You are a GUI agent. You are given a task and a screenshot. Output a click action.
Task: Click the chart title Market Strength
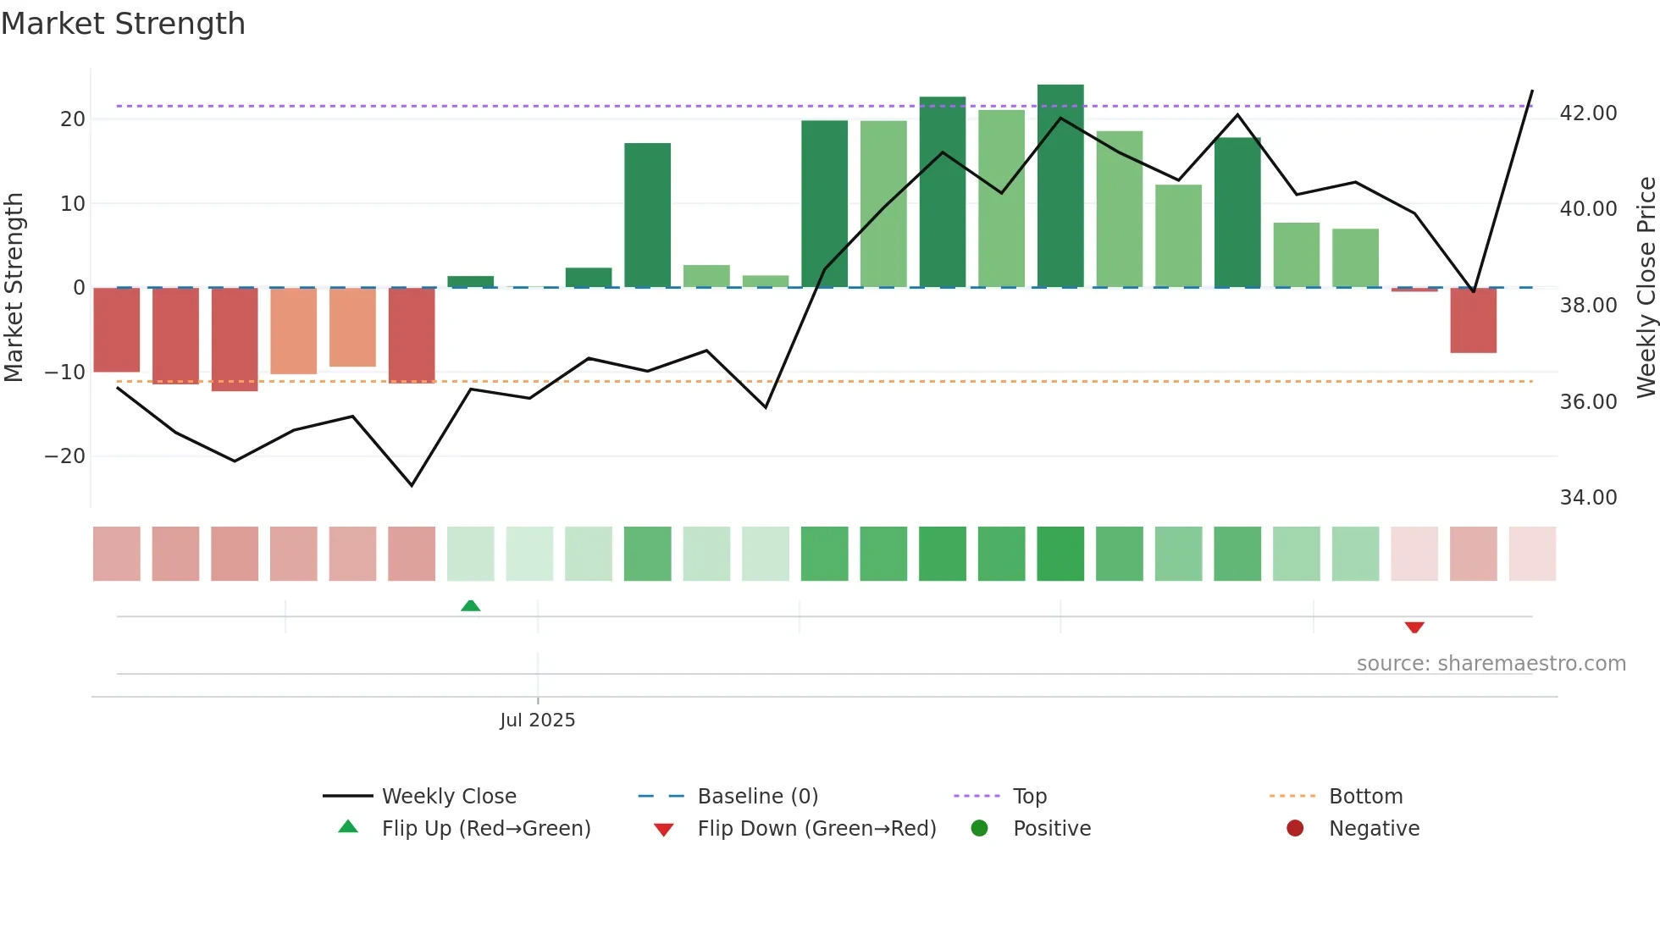[x=123, y=24]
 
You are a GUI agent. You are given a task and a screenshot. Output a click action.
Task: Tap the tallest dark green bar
[x=1060, y=186]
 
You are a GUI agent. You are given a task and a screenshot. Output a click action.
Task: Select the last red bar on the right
[x=1473, y=320]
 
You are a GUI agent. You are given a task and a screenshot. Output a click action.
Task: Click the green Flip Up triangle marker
[x=471, y=605]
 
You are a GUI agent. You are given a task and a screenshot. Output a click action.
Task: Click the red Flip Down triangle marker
[x=1414, y=627]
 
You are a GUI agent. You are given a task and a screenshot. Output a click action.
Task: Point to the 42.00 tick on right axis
[x=1588, y=113]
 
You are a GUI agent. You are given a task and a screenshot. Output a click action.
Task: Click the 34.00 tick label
[x=1588, y=497]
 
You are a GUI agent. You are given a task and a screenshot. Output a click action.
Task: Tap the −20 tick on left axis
[x=65, y=455]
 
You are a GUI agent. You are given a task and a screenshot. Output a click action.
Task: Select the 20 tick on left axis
[x=73, y=119]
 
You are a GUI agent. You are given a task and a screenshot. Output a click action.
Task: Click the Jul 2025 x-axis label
[x=537, y=720]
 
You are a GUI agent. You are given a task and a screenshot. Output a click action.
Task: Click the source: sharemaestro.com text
[x=1491, y=663]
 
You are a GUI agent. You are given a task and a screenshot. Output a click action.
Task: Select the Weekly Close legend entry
[x=448, y=796]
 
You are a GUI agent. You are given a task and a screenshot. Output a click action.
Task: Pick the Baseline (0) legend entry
[x=757, y=796]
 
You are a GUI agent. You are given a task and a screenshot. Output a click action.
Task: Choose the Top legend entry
[x=1029, y=796]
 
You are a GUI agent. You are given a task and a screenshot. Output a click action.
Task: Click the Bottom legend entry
[x=1365, y=796]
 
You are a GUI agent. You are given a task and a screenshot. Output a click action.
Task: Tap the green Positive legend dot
[x=980, y=828]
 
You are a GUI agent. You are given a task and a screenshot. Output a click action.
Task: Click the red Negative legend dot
[x=1295, y=828]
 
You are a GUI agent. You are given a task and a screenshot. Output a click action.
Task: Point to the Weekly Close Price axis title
[x=1646, y=288]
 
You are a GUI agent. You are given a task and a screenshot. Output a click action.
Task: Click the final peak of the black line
[x=1532, y=91]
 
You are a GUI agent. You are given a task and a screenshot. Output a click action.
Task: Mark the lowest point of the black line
[x=412, y=485]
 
